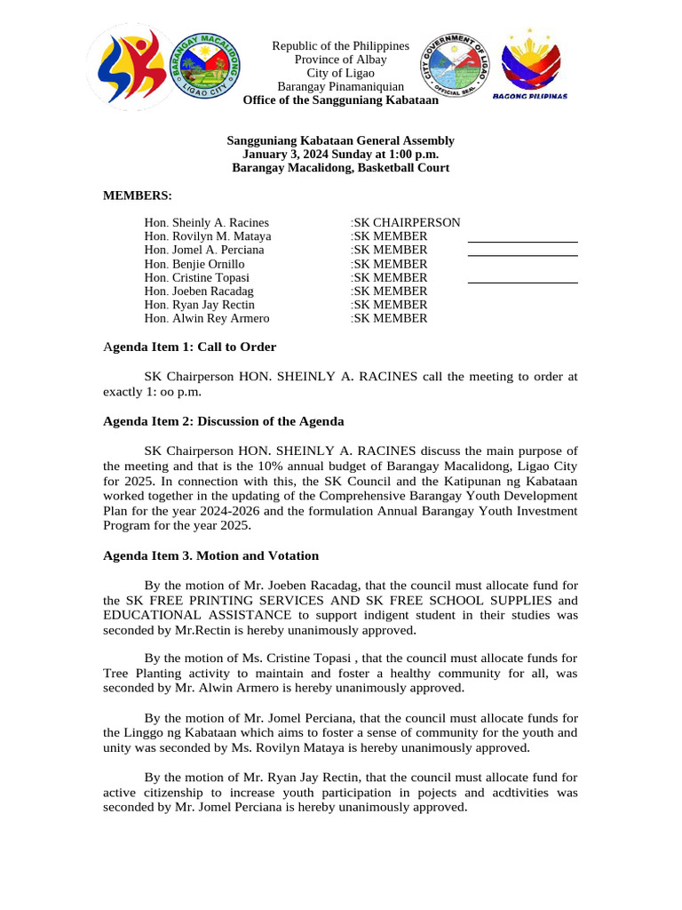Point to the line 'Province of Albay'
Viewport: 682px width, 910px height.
coord(340,60)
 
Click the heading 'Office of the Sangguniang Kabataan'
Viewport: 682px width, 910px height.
coord(340,100)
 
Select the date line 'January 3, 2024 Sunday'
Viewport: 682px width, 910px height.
coord(340,154)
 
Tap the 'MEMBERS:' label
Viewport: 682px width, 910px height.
coord(138,196)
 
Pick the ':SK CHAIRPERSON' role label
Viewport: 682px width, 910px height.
coord(405,223)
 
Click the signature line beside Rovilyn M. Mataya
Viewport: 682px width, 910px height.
coord(522,242)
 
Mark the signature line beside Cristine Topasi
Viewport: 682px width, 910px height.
coord(522,283)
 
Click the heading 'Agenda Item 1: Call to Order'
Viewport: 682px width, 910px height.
coord(189,347)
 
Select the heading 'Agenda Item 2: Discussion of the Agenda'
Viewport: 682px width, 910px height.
coord(223,421)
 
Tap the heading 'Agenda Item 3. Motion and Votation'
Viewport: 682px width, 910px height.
coord(210,555)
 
